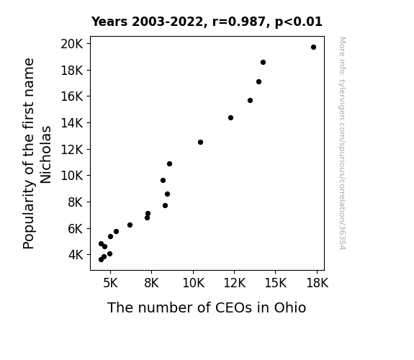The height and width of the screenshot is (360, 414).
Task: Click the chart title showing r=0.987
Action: pyautogui.click(x=207, y=22)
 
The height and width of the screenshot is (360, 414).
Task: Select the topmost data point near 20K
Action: pyautogui.click(x=313, y=48)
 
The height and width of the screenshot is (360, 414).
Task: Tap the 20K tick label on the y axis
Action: pyautogui.click(x=72, y=44)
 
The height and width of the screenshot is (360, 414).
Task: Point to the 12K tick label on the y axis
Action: pyautogui.click(x=72, y=150)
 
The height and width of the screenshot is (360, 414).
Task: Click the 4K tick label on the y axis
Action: pyautogui.click(x=76, y=255)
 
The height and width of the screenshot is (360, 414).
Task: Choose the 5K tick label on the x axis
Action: pyautogui.click(x=110, y=283)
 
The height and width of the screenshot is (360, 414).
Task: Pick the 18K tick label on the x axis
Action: pyautogui.click(x=317, y=283)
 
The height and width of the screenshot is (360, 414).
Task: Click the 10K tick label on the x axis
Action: pyautogui.click(x=193, y=283)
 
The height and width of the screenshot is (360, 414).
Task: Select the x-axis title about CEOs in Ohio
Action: pyautogui.click(x=207, y=307)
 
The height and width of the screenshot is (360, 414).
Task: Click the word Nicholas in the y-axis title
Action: pyautogui.click(x=45, y=155)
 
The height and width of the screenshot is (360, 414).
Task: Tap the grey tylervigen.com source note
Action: pyautogui.click(x=342, y=143)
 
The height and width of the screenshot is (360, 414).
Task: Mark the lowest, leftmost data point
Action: pyautogui.click(x=101, y=260)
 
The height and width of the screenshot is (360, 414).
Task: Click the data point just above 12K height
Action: pyautogui.click(x=200, y=143)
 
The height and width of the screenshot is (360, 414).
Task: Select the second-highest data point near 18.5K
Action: pyautogui.click(x=263, y=63)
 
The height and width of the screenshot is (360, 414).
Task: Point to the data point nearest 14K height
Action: pyautogui.click(x=231, y=118)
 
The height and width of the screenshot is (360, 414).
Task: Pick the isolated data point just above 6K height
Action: pyautogui.click(x=130, y=225)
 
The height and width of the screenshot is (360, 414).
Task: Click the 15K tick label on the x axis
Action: pyautogui.click(x=276, y=283)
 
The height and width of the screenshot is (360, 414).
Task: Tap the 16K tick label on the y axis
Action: pyautogui.click(x=72, y=96)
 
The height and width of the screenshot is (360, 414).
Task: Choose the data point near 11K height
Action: pyautogui.click(x=169, y=164)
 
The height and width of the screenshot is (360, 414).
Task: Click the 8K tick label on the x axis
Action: pyautogui.click(x=151, y=283)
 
